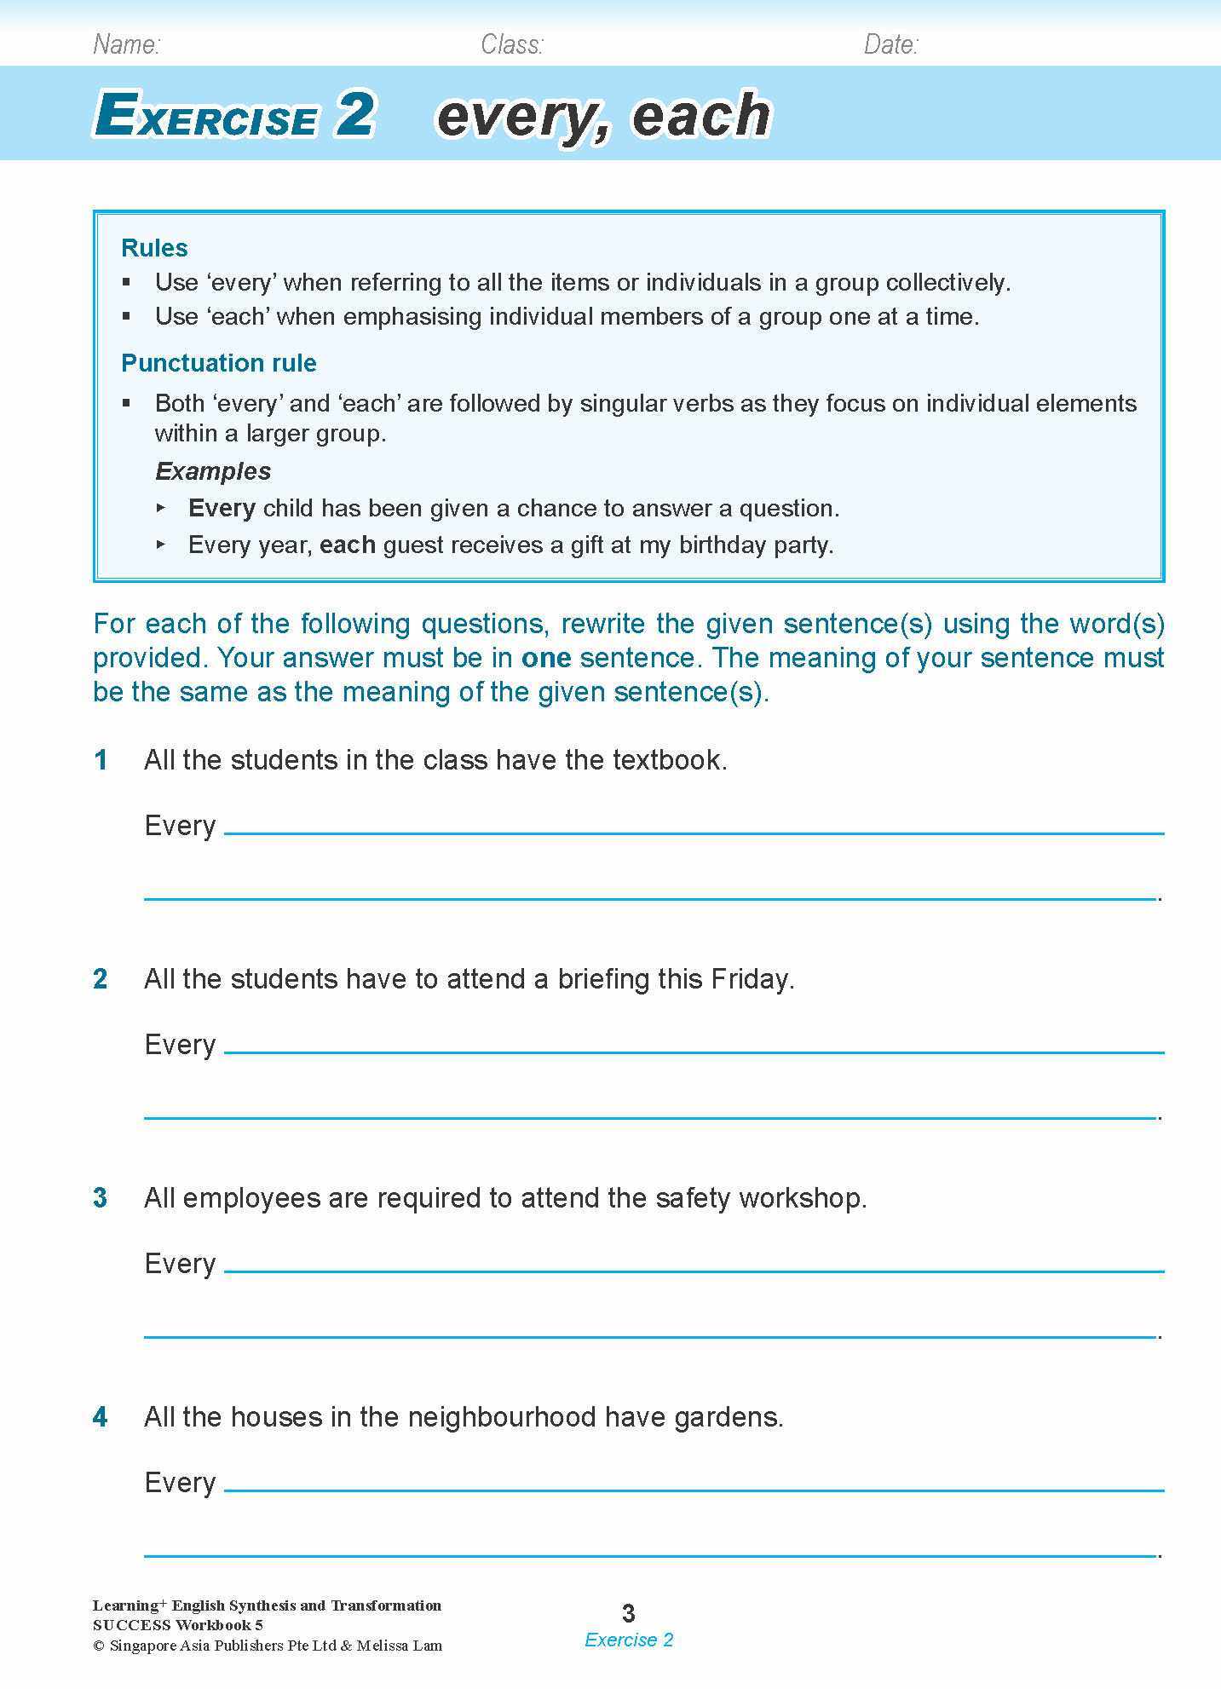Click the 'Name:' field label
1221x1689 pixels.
pyautogui.click(x=126, y=44)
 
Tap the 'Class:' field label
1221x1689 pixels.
pyautogui.click(x=511, y=44)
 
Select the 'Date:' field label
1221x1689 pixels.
pyautogui.click(x=890, y=44)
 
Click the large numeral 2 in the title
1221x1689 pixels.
pyautogui.click(x=354, y=114)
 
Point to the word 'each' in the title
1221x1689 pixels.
pyautogui.click(x=700, y=116)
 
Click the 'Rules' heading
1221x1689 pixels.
pyautogui.click(x=154, y=248)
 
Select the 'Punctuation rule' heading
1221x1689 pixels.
pyautogui.click(x=218, y=363)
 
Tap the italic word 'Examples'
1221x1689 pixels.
pyautogui.click(x=212, y=471)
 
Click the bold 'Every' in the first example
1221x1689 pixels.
pyautogui.click(x=222, y=508)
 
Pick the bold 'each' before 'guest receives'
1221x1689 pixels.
pyautogui.click(x=348, y=545)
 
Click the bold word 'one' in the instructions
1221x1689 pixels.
pyautogui.click(x=545, y=658)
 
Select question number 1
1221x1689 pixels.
pyautogui.click(x=101, y=760)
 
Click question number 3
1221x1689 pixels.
pyautogui.click(x=101, y=1198)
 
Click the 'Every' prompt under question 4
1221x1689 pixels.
pyautogui.click(x=180, y=1483)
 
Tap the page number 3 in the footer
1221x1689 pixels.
pyautogui.click(x=629, y=1613)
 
